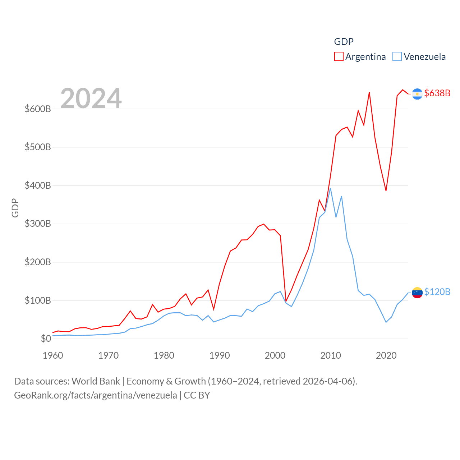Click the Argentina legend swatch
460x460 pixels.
pos(339,57)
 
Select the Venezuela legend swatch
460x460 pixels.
pos(397,57)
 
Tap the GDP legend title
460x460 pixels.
pos(344,42)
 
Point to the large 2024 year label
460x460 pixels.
pos(91,98)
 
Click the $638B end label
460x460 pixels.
pos(437,93)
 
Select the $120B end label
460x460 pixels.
pos(437,292)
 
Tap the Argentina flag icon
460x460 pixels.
pos(417,94)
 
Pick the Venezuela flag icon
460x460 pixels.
pos(417,293)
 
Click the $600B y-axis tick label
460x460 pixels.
pos(38,109)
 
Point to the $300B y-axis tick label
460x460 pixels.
pos(38,224)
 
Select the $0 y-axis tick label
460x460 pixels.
pos(46,339)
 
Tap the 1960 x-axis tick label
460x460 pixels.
pos(53,355)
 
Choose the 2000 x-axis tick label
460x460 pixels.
pos(275,355)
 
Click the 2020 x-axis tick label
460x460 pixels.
pos(386,355)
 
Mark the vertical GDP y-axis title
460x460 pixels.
pos(15,208)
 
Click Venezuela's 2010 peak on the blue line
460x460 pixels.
pos(330,188)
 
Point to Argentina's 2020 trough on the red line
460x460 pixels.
pos(386,190)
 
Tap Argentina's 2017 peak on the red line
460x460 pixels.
pos(369,92)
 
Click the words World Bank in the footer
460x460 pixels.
pos(96,381)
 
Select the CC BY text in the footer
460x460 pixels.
pos(197,395)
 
